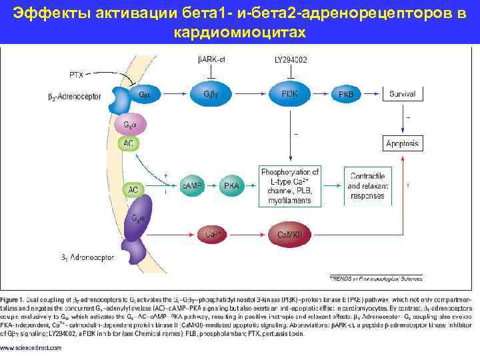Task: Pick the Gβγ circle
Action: click(x=211, y=95)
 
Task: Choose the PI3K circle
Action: click(x=291, y=95)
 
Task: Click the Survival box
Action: click(x=402, y=95)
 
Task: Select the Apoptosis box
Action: click(x=402, y=143)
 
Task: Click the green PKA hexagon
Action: click(x=231, y=185)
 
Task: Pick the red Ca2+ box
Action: click(x=213, y=234)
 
